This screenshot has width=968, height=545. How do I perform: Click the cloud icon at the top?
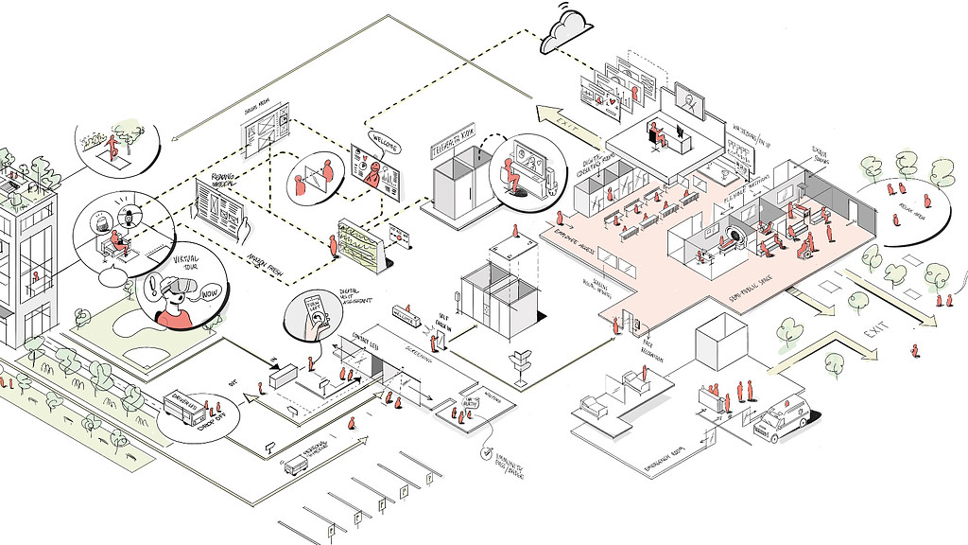click(x=565, y=31)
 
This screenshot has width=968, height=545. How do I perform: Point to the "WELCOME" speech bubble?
click(x=382, y=144)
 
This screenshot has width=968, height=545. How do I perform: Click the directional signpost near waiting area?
click(x=522, y=365)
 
